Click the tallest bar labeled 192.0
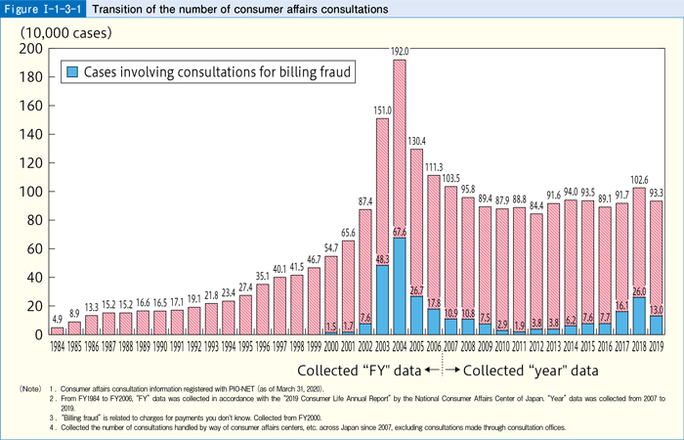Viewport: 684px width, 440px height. pos(399,196)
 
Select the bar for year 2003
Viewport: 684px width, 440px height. pos(382,225)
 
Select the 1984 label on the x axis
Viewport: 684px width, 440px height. pos(57,344)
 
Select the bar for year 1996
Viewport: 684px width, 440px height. pos(262,309)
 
